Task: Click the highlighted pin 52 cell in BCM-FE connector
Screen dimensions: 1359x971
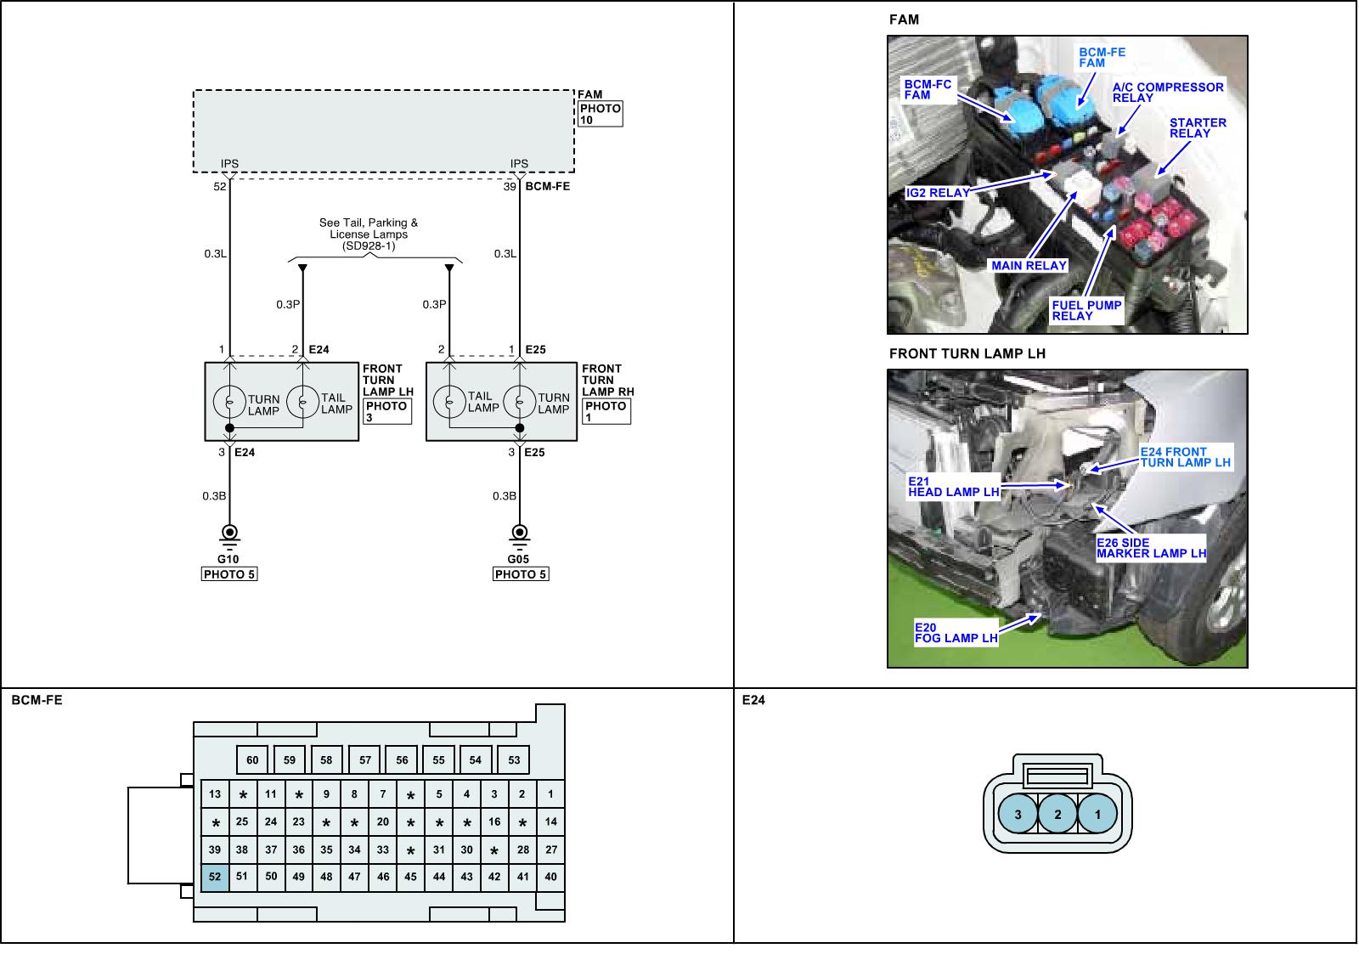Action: click(x=215, y=878)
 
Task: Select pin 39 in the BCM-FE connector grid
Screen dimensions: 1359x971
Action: click(x=215, y=850)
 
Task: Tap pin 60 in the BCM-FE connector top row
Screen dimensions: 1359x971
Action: click(x=252, y=759)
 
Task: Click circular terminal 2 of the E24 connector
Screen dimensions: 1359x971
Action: click(x=1057, y=814)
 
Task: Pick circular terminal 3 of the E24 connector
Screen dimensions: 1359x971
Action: click(x=1018, y=814)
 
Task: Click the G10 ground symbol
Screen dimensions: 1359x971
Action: click(x=229, y=536)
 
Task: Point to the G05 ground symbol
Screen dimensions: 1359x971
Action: click(x=519, y=536)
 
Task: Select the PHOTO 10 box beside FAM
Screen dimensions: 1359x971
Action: click(x=600, y=114)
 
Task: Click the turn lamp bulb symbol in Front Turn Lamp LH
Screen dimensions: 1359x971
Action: click(x=229, y=402)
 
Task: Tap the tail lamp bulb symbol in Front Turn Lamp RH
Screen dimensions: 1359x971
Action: click(x=449, y=402)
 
